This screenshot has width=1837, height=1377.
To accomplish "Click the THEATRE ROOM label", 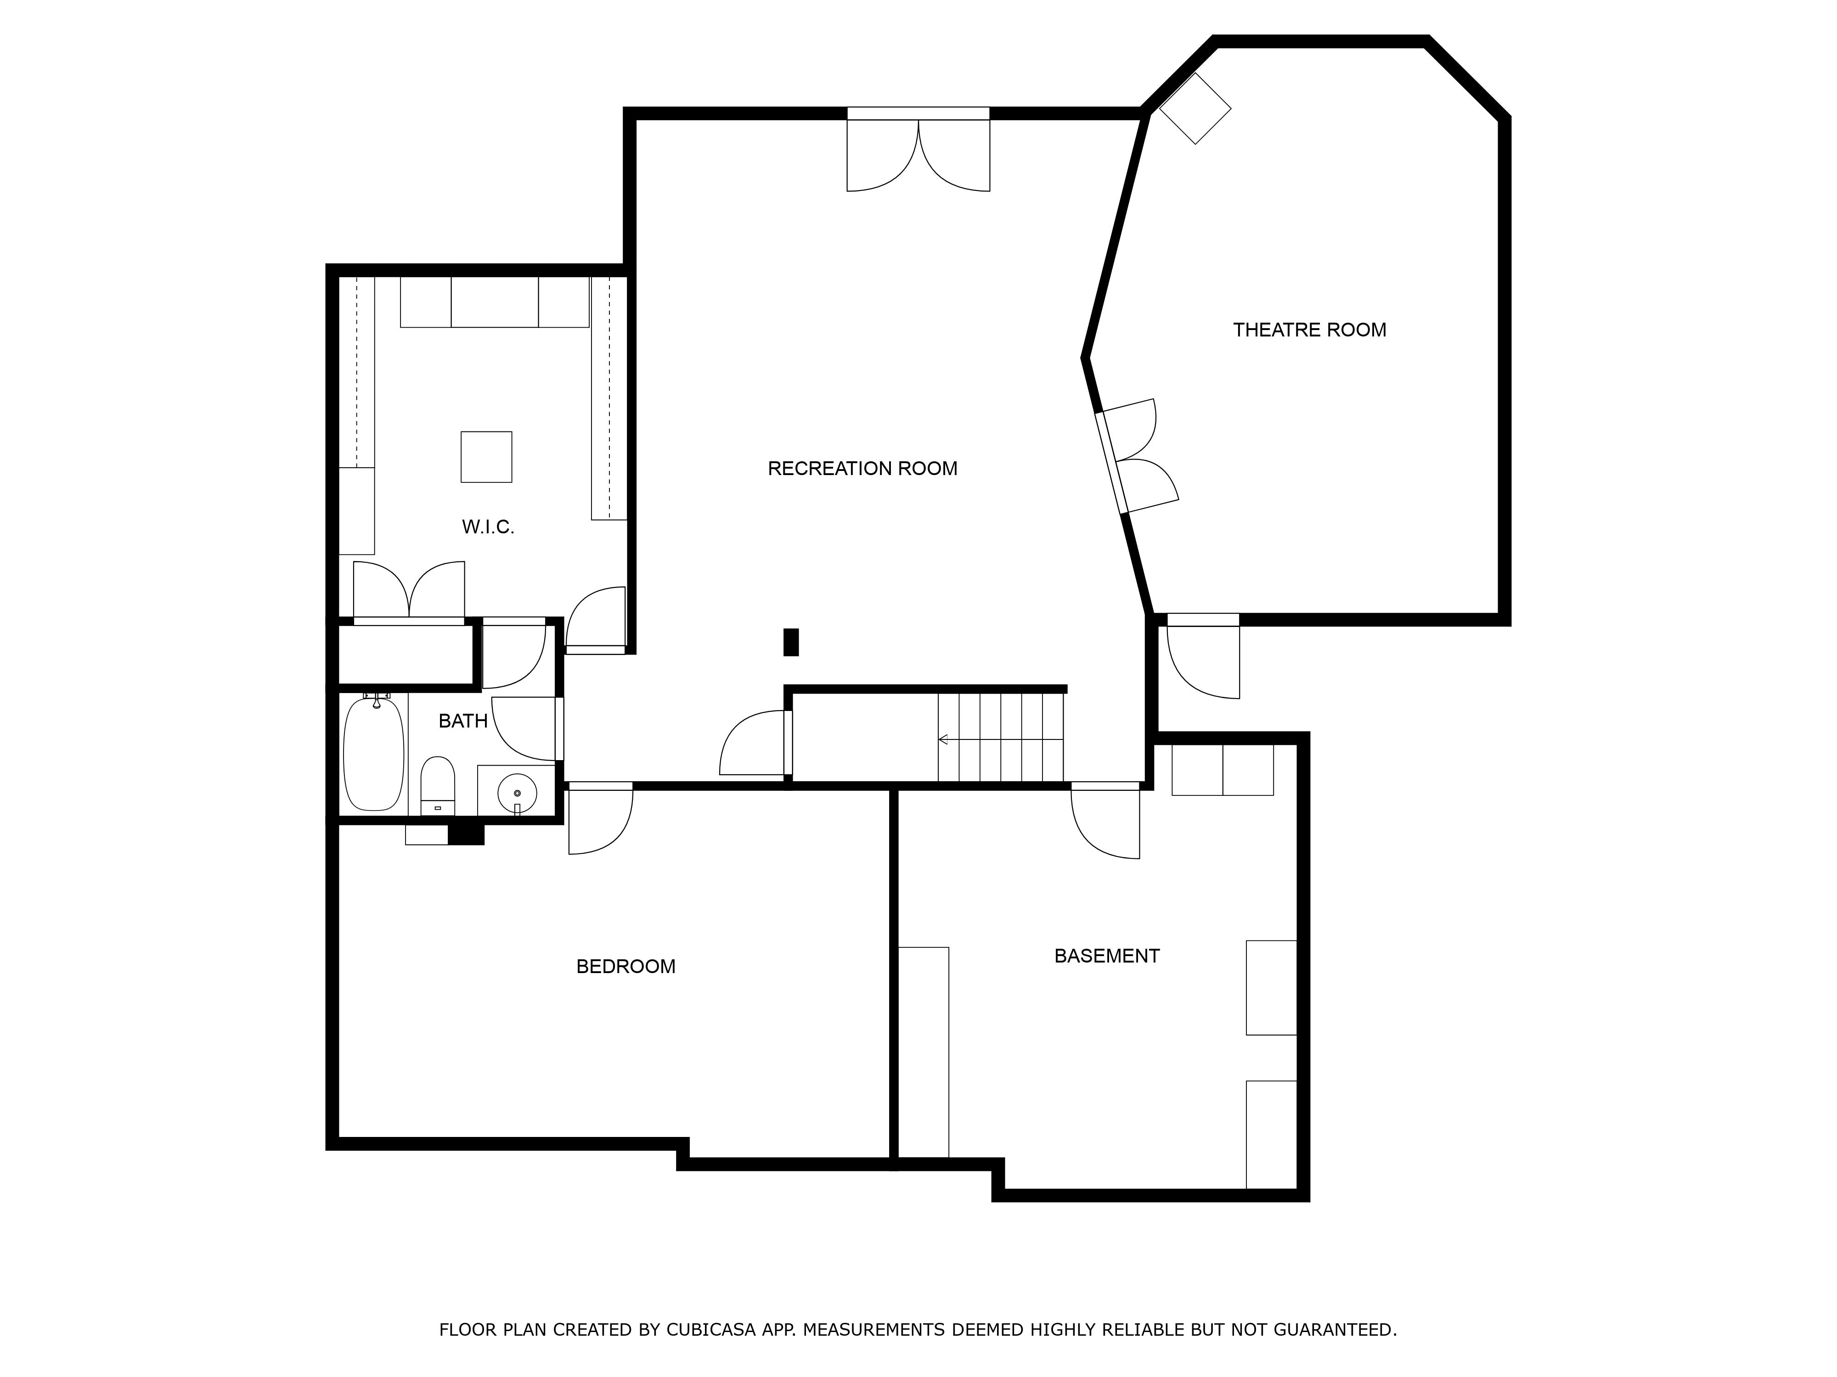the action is click(1310, 330).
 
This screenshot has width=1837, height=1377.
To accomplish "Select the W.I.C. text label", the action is click(488, 526).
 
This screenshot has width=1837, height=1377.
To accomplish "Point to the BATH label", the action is click(462, 721).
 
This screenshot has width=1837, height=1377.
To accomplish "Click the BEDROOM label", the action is click(625, 966).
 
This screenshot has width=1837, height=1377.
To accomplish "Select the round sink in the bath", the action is click(517, 794).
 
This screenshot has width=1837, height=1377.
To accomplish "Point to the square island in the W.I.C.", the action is click(487, 457).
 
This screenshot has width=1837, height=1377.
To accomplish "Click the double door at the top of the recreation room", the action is click(918, 150).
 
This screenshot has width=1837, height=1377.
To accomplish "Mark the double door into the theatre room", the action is click(1136, 457).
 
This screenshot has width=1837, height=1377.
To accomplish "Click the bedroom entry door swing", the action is click(600, 818).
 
